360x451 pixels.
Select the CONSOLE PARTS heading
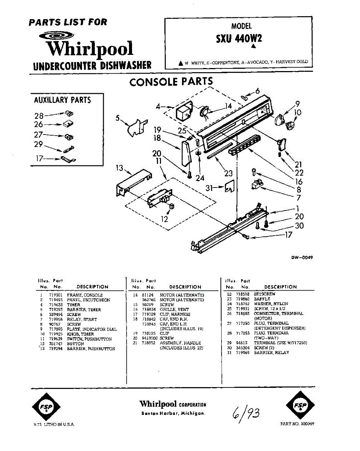pos(171,82)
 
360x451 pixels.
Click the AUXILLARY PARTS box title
pos(62,100)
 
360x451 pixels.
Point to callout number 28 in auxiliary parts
pos(39,116)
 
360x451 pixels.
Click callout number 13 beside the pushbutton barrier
pos(120,168)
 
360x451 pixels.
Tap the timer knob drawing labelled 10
pos(290,125)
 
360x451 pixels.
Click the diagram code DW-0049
pos(302,257)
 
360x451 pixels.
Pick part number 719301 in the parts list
pos(55,295)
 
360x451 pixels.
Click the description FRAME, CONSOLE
pos(85,295)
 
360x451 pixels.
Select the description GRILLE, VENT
pos(175,309)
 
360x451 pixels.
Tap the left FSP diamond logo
pos(47,406)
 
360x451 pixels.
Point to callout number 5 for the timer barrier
pos(117,118)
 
